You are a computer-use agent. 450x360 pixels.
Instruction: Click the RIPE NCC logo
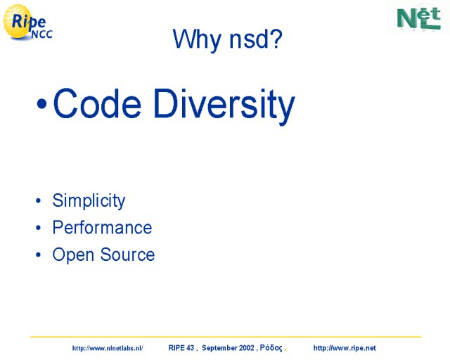(28, 22)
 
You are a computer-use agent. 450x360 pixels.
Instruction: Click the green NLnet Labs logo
(419, 18)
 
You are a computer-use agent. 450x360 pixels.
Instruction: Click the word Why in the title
(197, 39)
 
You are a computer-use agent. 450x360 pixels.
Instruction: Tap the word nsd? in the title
(256, 39)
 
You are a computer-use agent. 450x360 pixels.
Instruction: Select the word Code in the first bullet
(97, 103)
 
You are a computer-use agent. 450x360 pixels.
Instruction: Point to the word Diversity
(224, 105)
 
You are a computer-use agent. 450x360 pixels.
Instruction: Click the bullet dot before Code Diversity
(41, 104)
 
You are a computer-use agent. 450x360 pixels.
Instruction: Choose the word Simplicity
(89, 201)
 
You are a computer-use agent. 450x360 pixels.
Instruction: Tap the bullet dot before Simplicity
(39, 200)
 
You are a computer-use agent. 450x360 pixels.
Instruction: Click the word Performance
(102, 228)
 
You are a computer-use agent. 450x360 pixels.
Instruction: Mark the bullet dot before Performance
(39, 228)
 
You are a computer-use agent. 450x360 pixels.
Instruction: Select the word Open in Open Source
(73, 255)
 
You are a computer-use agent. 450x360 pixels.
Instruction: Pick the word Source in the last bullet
(127, 255)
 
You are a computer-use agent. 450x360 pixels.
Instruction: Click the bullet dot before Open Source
(39, 255)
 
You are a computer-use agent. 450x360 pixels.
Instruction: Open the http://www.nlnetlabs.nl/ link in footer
(108, 348)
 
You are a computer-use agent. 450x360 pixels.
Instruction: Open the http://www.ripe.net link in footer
(345, 348)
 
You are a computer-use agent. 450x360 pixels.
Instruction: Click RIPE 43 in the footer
(181, 348)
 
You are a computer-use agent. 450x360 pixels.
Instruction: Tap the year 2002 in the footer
(247, 348)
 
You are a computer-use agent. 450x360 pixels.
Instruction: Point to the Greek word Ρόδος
(271, 348)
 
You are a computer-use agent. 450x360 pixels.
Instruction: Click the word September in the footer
(219, 348)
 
